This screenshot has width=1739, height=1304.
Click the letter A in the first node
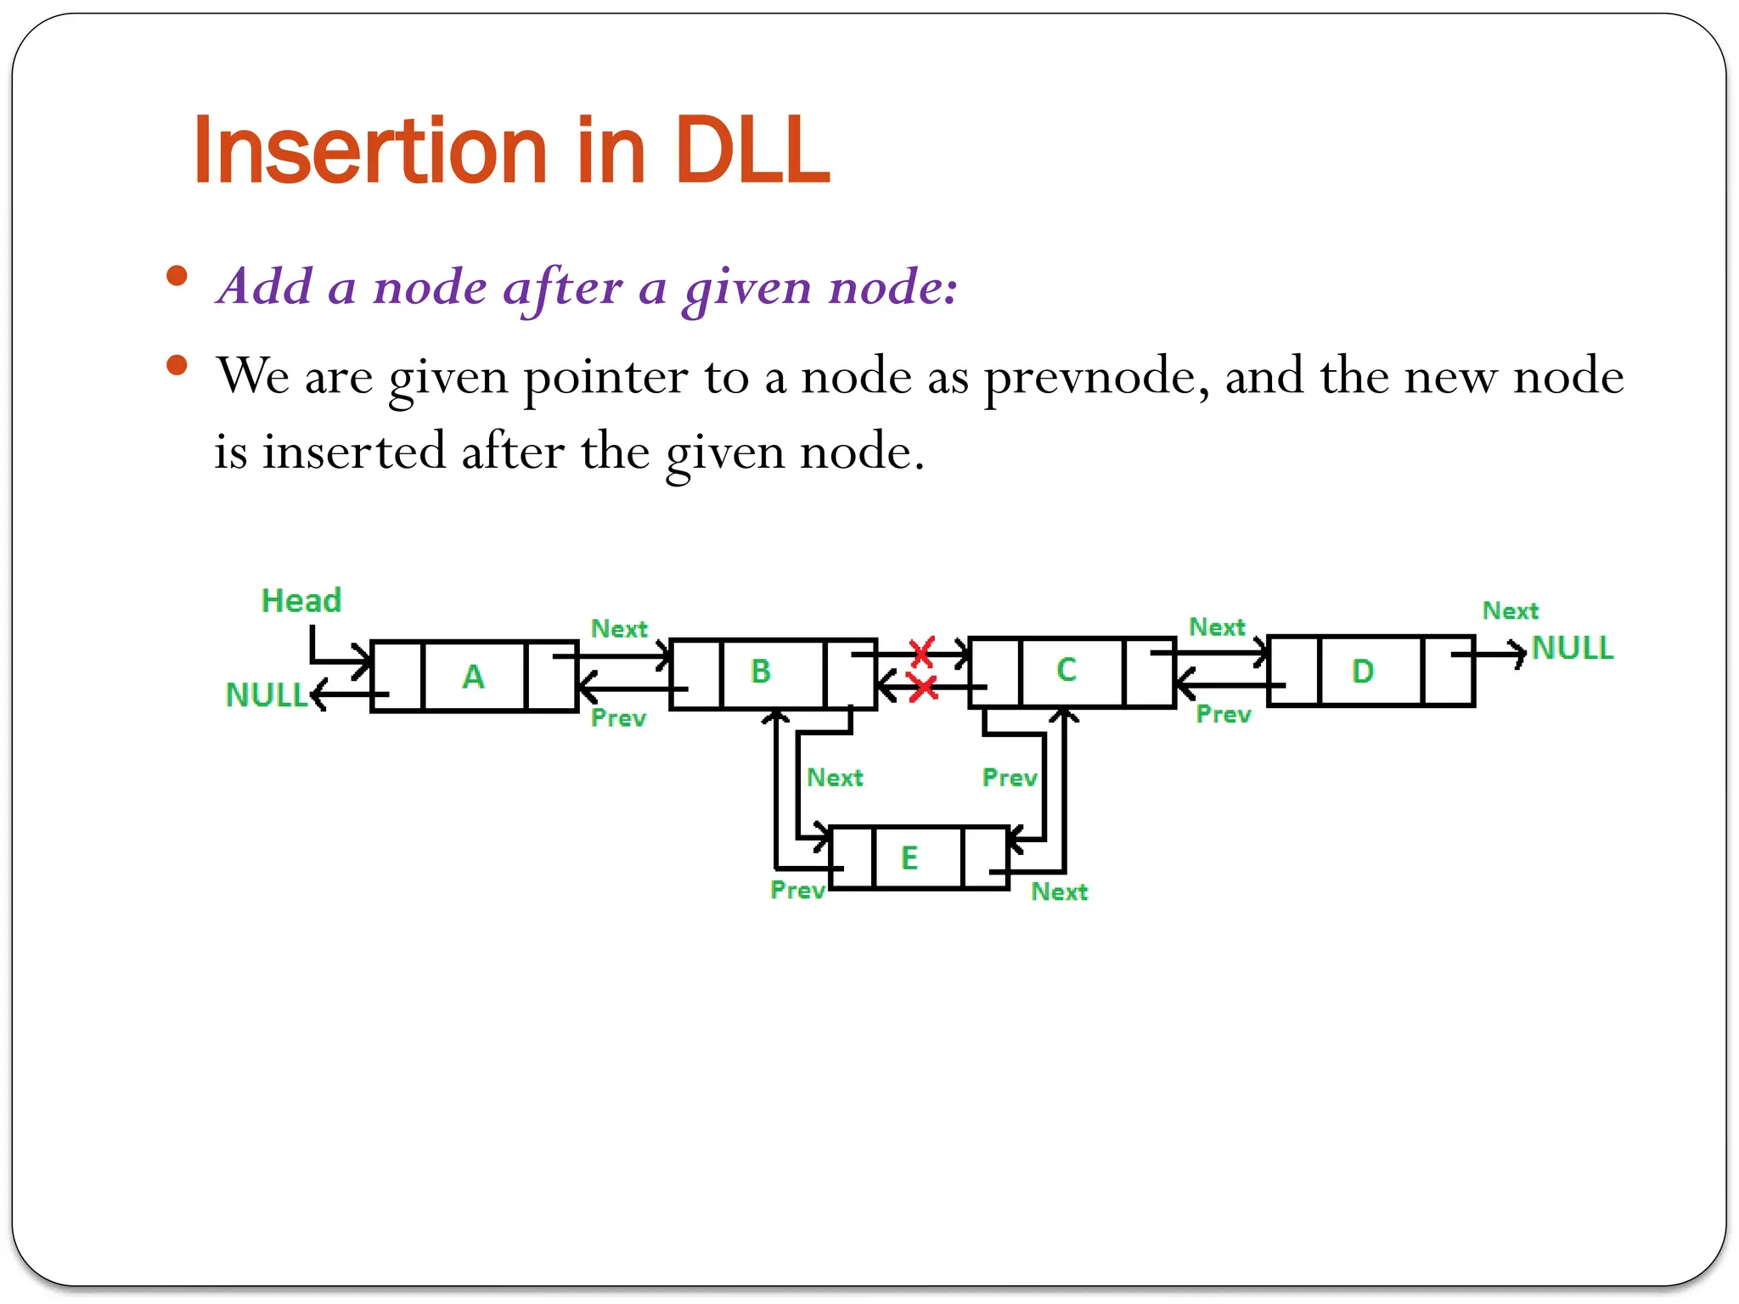click(x=473, y=677)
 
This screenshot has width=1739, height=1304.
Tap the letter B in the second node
click(x=761, y=672)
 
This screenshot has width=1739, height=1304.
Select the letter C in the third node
click(x=1066, y=670)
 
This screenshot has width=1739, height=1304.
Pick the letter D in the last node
click(x=1362, y=672)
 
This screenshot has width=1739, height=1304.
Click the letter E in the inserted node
click(x=909, y=857)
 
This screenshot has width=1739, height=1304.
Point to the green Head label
click(x=301, y=601)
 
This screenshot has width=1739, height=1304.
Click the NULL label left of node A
click(x=266, y=695)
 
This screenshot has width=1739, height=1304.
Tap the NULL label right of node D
click(x=1572, y=649)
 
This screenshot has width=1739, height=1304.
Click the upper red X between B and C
click(x=922, y=652)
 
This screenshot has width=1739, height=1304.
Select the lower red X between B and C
click(x=922, y=688)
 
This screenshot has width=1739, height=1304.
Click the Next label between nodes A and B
click(x=619, y=629)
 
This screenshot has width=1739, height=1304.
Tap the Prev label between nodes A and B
click(x=618, y=718)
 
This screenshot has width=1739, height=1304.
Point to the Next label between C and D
click(x=1217, y=627)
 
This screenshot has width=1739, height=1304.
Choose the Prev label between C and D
click(x=1223, y=715)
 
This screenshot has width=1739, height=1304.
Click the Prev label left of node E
click(x=797, y=891)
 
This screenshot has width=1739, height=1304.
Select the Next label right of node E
click(x=1059, y=892)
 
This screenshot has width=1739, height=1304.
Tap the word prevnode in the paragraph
click(x=1096, y=376)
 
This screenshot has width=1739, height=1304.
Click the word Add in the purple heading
click(x=266, y=286)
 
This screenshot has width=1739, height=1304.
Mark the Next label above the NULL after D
click(x=1510, y=611)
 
